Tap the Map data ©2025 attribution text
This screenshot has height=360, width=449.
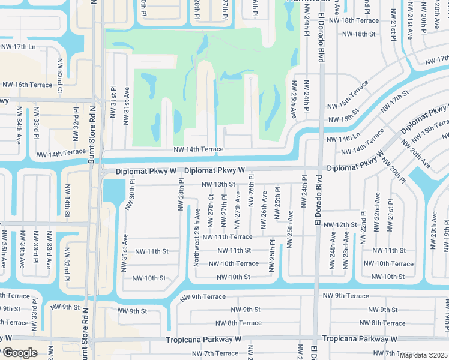point(424,355)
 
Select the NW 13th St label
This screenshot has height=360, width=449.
point(218,184)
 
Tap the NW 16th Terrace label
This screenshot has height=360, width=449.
point(26,85)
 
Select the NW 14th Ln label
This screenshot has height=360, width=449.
point(340,139)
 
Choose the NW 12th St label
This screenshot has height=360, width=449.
point(340,224)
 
